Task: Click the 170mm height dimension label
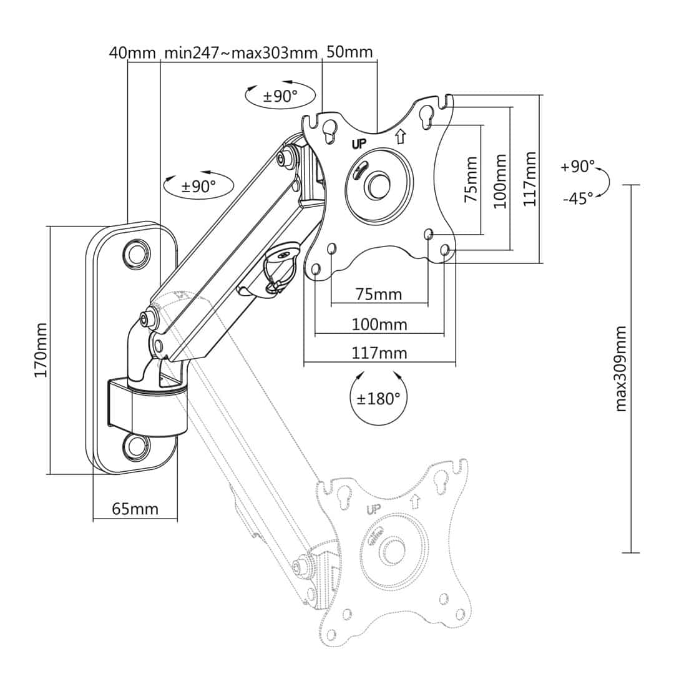click(x=41, y=349)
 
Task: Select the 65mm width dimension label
click(x=135, y=509)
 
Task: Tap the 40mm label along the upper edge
click(x=132, y=52)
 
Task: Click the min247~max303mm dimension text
click(x=241, y=52)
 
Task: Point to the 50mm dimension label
click(x=349, y=52)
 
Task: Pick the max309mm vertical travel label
click(x=622, y=368)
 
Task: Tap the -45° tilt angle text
click(x=577, y=198)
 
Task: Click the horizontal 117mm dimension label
click(x=379, y=353)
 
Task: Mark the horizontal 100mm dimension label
click(x=379, y=325)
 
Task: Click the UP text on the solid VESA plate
click(x=360, y=143)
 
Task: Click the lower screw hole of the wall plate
click(x=136, y=444)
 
